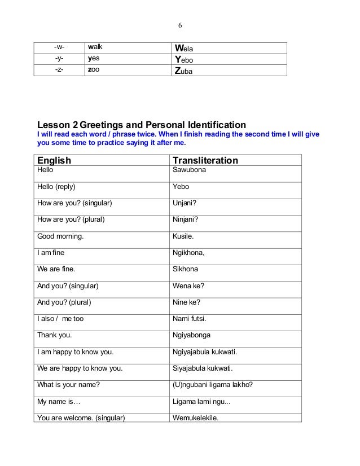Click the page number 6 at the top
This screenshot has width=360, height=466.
click(x=180, y=25)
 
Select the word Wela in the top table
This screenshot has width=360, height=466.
click(x=185, y=49)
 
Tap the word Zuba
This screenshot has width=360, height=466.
click(x=186, y=72)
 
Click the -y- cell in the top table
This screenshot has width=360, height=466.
click(x=59, y=60)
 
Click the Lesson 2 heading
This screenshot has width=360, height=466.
click(x=141, y=124)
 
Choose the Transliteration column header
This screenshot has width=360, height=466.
click(x=205, y=161)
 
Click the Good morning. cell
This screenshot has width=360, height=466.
click(x=60, y=236)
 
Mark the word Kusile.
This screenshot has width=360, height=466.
click(x=183, y=236)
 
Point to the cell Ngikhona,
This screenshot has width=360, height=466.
click(x=188, y=253)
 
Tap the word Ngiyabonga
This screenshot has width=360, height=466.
click(x=192, y=335)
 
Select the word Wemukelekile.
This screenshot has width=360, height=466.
click(x=195, y=418)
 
